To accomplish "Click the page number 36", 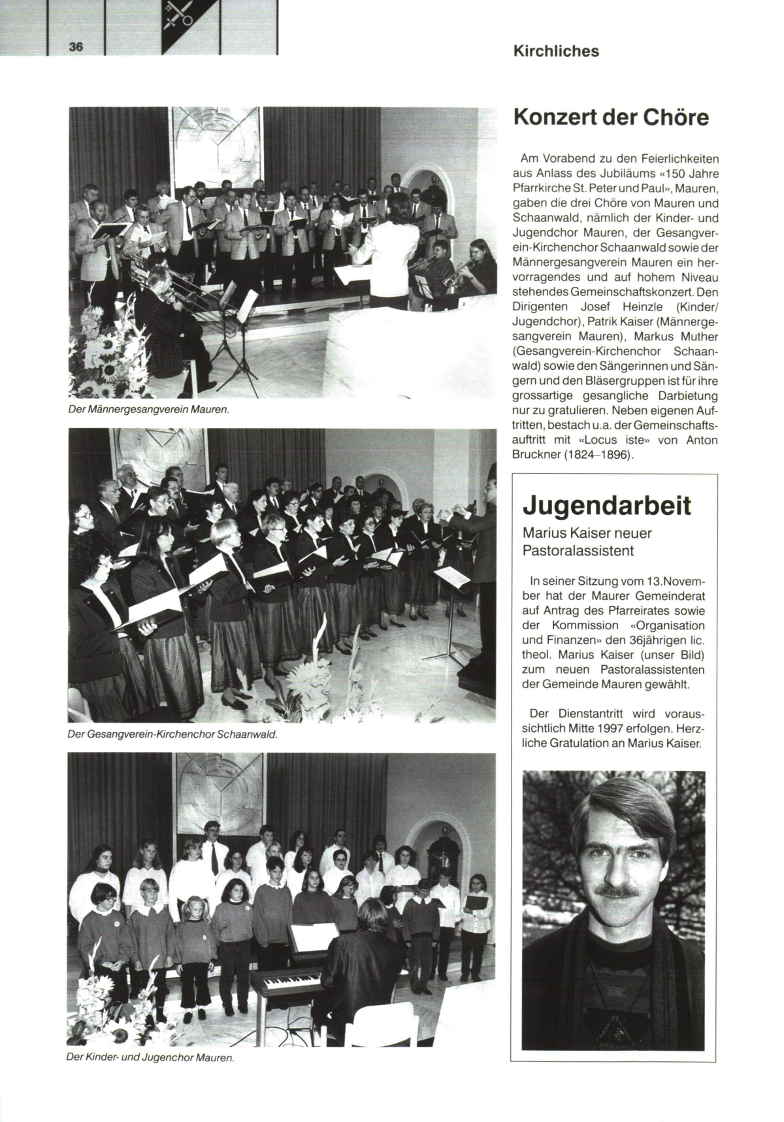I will click(76, 46).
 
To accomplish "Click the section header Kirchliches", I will click(556, 51).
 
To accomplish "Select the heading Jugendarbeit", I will click(607, 505).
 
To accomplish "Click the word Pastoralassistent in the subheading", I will click(578, 551).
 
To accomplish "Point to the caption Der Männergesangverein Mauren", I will click(148, 410).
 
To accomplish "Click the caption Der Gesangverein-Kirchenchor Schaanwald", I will click(173, 734).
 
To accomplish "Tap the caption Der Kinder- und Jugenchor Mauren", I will click(150, 1057).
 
